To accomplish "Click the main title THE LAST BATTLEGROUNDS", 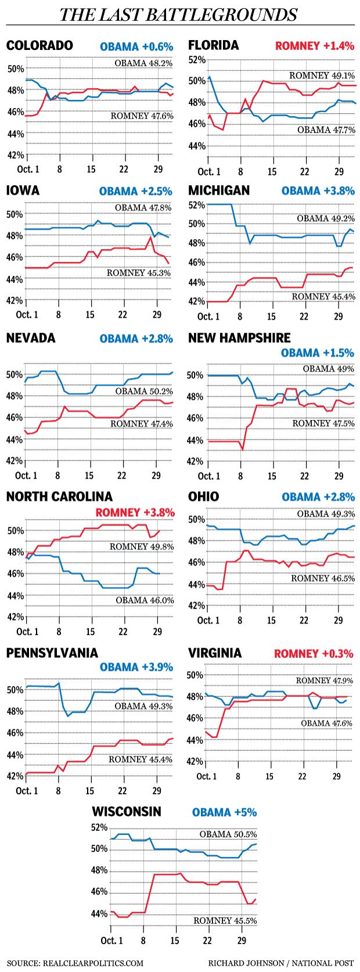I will pos(179,14).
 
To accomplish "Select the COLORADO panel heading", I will pos(39,46).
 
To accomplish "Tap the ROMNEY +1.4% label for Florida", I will pos(314,46).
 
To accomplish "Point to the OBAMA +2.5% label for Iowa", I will pos(135,191).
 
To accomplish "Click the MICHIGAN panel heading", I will pos(219,190).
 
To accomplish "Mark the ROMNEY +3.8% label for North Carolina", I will pos(135,512).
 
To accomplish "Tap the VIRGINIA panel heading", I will pos(215,653).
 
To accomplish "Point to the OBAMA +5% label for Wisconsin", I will pos(224,812).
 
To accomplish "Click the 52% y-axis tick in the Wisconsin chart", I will pos(100,827).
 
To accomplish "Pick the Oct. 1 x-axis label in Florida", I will pos(209,171).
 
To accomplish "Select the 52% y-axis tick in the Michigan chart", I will pos(197,204).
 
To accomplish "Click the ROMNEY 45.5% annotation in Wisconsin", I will pos(225,921).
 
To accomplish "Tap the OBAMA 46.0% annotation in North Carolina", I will pos(144,600).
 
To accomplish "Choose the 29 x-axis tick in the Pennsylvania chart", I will pos(156,791).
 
